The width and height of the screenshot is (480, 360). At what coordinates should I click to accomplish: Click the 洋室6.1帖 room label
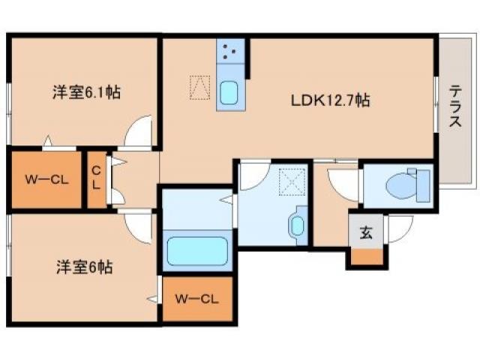click(x=86, y=94)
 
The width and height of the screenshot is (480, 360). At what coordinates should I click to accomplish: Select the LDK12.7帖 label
click(x=330, y=99)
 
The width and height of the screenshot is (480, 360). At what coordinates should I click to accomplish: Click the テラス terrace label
click(x=454, y=106)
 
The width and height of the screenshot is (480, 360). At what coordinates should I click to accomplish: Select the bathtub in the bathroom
click(x=197, y=250)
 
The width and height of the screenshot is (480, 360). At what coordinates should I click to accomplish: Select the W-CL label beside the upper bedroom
click(x=43, y=180)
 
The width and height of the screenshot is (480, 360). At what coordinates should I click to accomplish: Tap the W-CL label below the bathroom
click(x=197, y=299)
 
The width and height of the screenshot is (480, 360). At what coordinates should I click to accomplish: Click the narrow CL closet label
click(x=96, y=180)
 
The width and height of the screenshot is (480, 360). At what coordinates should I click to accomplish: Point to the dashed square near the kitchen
click(x=199, y=87)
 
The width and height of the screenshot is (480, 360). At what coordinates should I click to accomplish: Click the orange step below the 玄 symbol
click(x=367, y=256)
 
